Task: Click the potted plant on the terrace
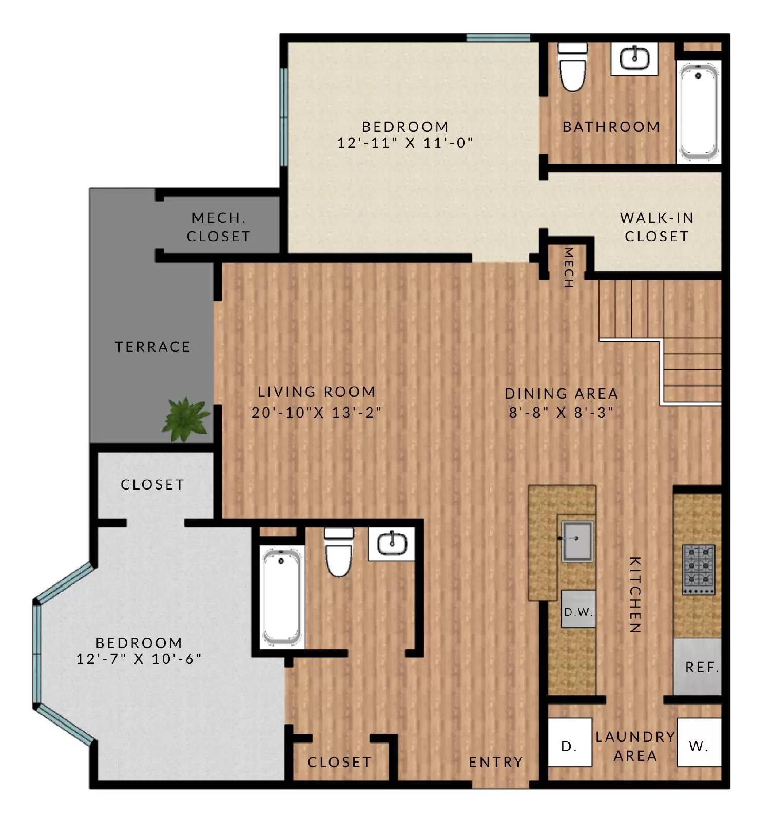point(185,418)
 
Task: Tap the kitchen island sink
point(577,541)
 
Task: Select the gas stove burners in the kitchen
point(699,569)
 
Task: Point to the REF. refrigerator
point(698,667)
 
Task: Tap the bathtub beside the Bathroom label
point(698,110)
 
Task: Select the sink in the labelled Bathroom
point(634,58)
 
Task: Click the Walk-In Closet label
point(656,227)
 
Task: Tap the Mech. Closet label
point(219,227)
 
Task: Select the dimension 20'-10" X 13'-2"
point(316,413)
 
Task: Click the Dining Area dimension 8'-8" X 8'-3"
point(561,413)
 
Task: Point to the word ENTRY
point(496,762)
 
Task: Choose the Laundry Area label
point(635,746)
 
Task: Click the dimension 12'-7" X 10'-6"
point(139,659)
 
